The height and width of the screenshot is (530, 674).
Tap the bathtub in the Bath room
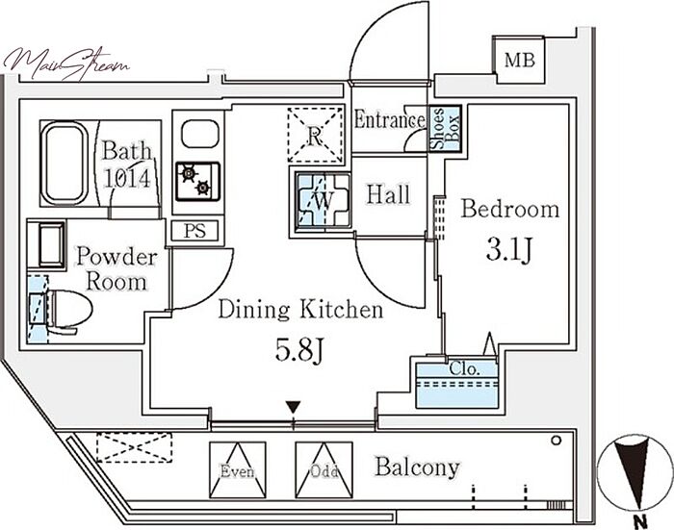tap(65, 161)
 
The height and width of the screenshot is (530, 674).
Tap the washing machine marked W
tap(321, 199)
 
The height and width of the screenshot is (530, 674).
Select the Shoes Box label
tap(444, 127)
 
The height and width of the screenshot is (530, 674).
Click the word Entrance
tap(389, 121)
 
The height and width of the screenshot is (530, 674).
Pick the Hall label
tap(389, 195)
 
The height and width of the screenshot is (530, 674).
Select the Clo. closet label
tap(459, 369)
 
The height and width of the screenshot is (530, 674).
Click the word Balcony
tap(417, 468)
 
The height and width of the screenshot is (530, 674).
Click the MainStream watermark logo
tap(65, 63)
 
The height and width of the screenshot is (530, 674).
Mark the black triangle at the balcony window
tap(293, 410)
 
